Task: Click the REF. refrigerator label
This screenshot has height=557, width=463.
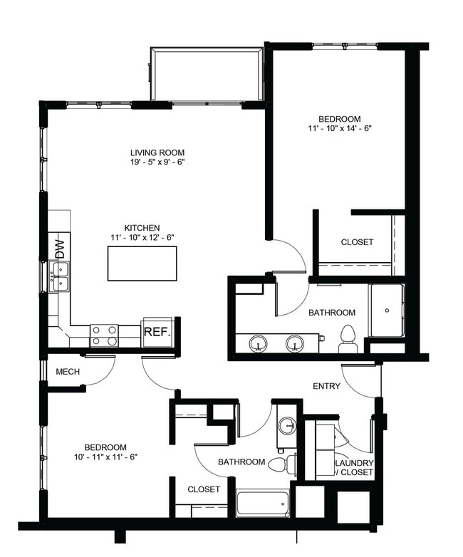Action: coord(156,332)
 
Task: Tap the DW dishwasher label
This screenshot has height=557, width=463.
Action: coord(60,249)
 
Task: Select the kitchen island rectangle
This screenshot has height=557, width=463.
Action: coord(142,263)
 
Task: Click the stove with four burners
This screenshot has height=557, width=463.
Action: coord(104,335)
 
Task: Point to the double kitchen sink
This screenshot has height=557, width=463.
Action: coord(59,276)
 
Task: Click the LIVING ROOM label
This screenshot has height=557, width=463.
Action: coord(157,152)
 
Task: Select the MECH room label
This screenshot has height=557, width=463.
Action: coord(67,373)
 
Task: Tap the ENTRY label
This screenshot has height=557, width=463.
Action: coord(326,387)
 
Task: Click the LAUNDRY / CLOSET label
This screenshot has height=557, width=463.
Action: coord(354,467)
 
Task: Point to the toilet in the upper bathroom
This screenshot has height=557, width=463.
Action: coord(348,338)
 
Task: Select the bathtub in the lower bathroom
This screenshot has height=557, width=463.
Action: coord(262,504)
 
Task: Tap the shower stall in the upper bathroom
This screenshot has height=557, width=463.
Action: coord(386,311)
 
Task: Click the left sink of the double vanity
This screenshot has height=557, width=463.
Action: coord(259,344)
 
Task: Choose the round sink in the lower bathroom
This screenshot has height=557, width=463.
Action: coord(287,427)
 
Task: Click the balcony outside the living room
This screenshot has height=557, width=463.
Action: coord(207,75)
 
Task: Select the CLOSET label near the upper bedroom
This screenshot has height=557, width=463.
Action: coord(356,242)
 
